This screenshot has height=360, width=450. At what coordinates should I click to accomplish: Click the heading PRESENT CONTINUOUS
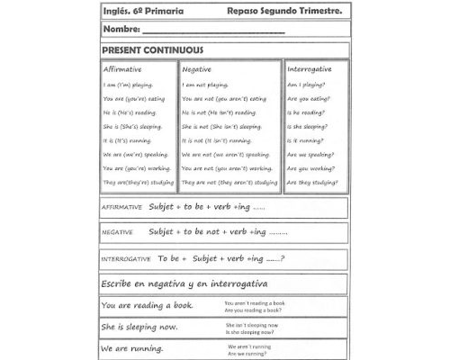[x=152, y=50]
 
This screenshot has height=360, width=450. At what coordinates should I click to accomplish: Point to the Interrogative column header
[x=310, y=69]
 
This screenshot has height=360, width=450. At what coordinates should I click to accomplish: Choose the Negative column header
[x=197, y=69]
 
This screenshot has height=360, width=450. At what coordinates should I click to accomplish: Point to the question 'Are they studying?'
[x=311, y=182]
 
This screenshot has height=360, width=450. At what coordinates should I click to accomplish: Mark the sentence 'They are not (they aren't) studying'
[x=229, y=182]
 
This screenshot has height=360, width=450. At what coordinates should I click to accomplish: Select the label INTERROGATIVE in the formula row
[x=127, y=259]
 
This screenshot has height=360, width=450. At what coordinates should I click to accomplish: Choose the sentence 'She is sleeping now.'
[x=139, y=328]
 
